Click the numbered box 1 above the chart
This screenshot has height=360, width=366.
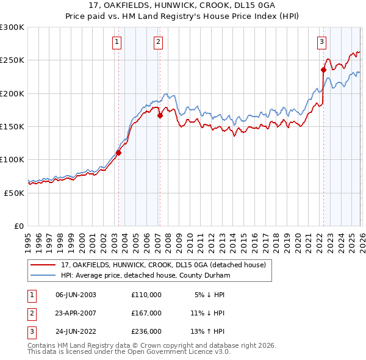[x=117, y=42]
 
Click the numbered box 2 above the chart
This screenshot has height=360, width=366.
[x=158, y=42]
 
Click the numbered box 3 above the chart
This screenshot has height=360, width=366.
[x=321, y=42]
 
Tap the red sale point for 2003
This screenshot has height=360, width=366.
[x=118, y=153]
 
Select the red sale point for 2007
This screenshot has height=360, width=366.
[x=159, y=115]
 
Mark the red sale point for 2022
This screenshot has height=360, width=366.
[x=323, y=70]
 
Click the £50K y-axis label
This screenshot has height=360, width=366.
[x=13, y=192]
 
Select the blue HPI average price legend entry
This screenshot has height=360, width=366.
[x=145, y=276]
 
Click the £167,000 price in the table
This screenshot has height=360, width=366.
[x=146, y=313]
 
